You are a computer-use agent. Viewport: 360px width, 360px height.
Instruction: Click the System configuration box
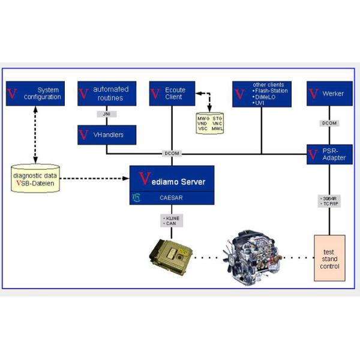point(35,93)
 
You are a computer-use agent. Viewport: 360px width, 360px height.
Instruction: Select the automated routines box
point(107,93)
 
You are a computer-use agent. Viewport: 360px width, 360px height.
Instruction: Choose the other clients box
point(262,94)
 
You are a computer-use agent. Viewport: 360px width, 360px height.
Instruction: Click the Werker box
point(329,94)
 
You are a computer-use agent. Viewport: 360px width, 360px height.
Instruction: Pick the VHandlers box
point(107,135)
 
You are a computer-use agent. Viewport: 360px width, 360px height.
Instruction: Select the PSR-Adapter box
point(329,154)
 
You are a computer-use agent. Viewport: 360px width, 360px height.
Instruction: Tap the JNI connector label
point(106,114)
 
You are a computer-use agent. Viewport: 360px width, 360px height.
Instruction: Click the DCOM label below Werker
point(329,124)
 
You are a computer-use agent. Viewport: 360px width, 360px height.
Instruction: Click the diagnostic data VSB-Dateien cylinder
point(35,179)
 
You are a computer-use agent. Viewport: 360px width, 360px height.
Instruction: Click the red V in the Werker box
point(313,94)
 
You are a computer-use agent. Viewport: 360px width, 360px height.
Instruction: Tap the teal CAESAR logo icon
point(137,197)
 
